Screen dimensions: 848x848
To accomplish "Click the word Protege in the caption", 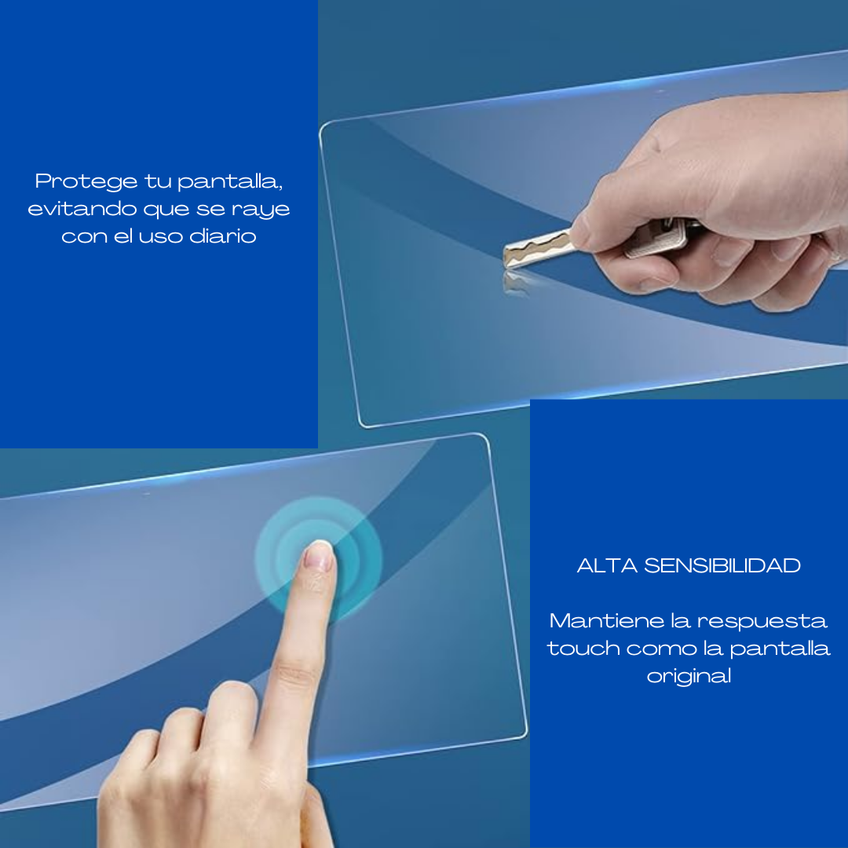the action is (86, 181).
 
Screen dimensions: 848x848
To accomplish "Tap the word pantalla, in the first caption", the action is (230, 181).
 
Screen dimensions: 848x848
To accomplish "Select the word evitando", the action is (82, 208).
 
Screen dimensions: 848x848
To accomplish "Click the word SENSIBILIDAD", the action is (722, 565).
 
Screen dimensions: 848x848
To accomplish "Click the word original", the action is (689, 676).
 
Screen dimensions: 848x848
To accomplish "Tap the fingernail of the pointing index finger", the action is (319, 556).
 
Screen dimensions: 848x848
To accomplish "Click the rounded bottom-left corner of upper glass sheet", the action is (364, 423).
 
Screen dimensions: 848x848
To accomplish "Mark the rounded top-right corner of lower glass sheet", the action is (485, 439).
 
